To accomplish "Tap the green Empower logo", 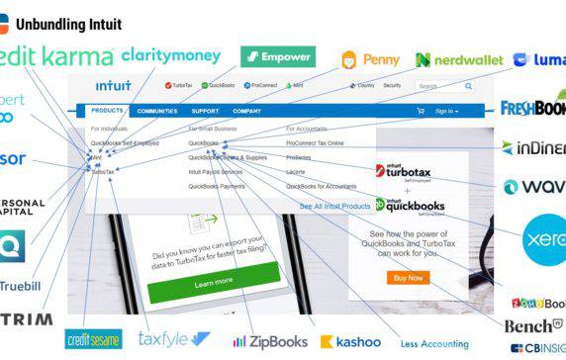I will coord(278,56).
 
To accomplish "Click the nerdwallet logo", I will coord(459,60).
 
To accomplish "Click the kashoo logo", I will coord(344,341).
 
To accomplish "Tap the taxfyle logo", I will coord(174,339).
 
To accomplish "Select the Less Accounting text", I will coord(436,343).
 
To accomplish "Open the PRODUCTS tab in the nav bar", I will coord(107,111).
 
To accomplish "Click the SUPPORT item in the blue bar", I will coord(205,111).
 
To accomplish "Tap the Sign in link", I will coord(446,111).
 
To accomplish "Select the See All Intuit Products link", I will coord(334,205).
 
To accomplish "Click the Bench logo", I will coord(534,325).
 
